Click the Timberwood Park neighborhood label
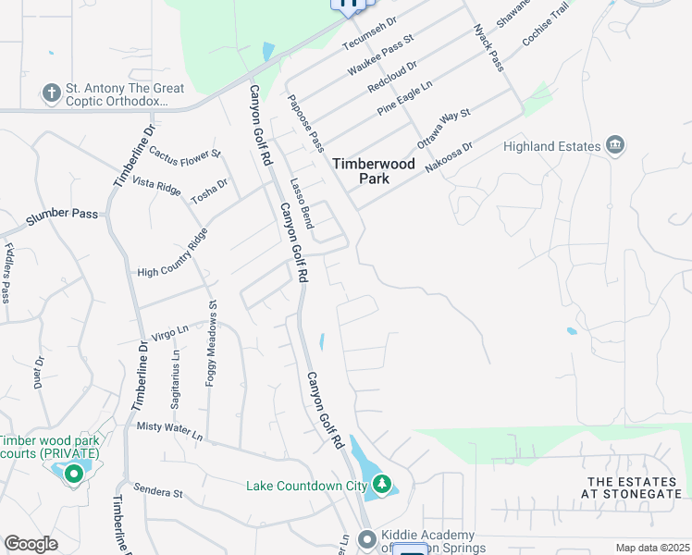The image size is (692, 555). tap(374, 170)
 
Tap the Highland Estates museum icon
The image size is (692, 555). tap(615, 145)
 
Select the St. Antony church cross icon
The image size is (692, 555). tap(51, 92)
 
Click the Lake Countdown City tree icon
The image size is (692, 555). tap(381, 484)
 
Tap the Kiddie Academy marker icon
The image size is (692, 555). tap(367, 538)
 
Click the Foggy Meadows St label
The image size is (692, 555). tap(212, 342)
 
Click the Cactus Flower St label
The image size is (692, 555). tap(185, 153)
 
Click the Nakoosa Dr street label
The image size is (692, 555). tap(449, 156)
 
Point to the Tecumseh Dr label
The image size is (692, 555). tap(369, 33)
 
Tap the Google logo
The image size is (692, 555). tap(31, 544)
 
